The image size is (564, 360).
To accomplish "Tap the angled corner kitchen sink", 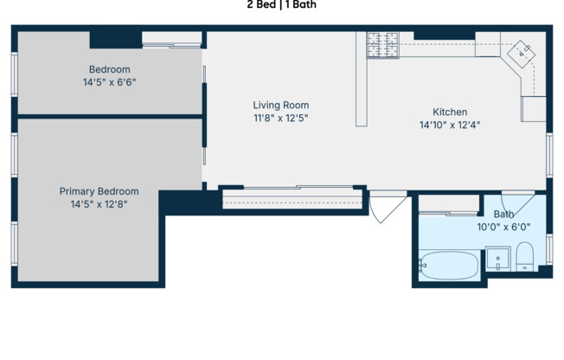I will pos(523,53).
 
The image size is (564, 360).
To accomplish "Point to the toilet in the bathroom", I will pos(525,257).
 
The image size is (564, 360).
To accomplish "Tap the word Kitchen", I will pos(450,112).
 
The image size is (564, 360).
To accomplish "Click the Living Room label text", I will pos(280,105).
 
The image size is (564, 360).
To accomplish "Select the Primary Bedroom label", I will pos(99,191).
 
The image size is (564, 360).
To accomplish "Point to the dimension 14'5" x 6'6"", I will pos(109,82).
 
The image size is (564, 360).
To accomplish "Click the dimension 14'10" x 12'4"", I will pos(450,125).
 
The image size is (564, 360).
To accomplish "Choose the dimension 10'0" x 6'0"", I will pos(503,227).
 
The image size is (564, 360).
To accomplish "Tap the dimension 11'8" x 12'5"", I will pos(280,118).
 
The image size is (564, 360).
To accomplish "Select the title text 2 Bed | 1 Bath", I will pos(281,4).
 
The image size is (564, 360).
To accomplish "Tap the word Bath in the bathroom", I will pos(503,215).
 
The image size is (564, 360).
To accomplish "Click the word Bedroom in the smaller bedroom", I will pos(109,69).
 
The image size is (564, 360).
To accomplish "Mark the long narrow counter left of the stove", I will pos(362,80).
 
